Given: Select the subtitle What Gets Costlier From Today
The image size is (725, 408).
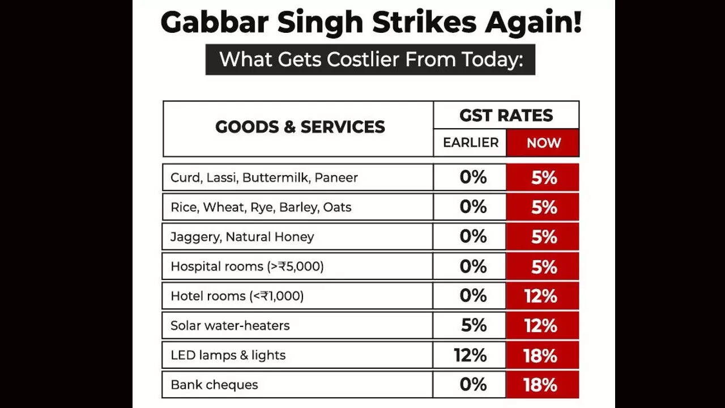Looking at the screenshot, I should (370, 59).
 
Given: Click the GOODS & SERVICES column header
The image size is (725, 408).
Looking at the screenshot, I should (300, 127).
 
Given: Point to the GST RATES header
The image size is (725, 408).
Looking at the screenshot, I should (506, 115).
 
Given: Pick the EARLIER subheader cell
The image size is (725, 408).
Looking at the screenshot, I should (471, 143).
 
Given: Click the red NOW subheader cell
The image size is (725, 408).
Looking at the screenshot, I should (543, 143).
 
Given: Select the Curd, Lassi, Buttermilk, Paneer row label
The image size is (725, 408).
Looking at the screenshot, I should (264, 177).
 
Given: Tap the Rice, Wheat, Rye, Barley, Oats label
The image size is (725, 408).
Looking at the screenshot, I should (261, 207).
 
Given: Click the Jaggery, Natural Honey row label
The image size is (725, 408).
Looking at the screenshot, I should (242, 237).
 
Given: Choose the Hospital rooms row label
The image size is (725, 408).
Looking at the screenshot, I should (247, 266).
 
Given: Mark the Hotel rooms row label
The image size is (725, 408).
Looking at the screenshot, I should (237, 296).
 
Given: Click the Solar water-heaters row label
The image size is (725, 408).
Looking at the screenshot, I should (230, 326).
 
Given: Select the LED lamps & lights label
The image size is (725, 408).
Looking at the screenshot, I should (228, 355).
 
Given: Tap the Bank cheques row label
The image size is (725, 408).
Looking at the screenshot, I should (214, 385).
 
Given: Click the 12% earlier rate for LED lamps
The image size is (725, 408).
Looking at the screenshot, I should (470, 355).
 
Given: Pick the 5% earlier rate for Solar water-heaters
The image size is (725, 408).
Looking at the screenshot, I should (474, 325).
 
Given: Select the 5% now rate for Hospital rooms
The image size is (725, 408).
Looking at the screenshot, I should (544, 266).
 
